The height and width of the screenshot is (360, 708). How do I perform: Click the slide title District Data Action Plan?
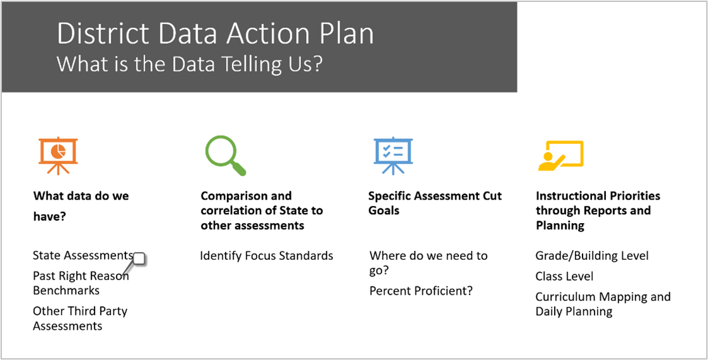click(215, 34)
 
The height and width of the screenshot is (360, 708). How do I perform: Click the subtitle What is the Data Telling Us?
click(190, 64)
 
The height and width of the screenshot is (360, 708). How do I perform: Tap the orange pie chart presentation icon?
click(58, 155)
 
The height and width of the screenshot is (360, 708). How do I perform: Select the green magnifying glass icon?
click(225, 155)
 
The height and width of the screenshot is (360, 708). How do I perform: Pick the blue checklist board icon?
click(392, 155)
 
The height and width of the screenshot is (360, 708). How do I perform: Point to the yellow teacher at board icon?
click(560, 155)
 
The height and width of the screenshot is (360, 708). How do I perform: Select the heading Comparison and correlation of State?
click(261, 210)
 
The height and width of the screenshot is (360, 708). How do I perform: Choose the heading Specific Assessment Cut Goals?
click(434, 203)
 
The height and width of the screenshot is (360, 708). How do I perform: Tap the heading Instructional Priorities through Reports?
click(598, 210)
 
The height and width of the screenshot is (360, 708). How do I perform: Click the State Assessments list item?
click(82, 255)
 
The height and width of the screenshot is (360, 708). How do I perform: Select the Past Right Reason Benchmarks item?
click(80, 283)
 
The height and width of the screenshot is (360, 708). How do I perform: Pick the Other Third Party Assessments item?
click(80, 318)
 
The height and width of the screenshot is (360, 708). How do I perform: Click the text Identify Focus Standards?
click(266, 255)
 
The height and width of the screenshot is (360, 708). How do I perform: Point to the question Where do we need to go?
click(428, 263)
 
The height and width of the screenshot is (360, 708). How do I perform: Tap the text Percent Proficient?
click(421, 291)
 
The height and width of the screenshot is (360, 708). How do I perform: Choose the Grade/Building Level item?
click(591, 255)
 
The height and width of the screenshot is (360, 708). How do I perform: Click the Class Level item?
click(564, 276)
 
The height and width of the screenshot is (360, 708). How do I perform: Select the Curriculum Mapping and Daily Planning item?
click(602, 304)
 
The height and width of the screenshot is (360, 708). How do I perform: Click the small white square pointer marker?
click(139, 258)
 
